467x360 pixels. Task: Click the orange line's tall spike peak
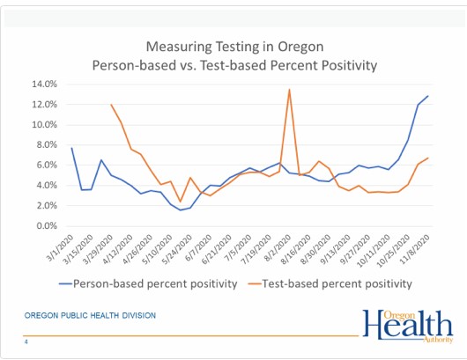click(x=289, y=90)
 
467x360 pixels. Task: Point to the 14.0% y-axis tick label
click(x=44, y=84)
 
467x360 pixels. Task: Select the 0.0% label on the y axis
click(x=47, y=226)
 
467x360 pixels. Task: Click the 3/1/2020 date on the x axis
click(x=61, y=248)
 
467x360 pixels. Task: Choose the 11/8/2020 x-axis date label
click(x=416, y=249)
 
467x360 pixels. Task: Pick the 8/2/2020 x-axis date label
click(x=278, y=248)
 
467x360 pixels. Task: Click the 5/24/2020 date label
click(x=177, y=249)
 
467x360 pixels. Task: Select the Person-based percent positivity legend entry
click(x=148, y=283)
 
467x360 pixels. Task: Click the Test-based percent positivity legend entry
click(x=330, y=283)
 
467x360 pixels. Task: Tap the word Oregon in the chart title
click(x=300, y=47)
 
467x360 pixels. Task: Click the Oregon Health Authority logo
click(x=408, y=326)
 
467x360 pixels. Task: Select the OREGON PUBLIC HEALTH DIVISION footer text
click(x=90, y=315)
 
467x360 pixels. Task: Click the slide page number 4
click(x=26, y=342)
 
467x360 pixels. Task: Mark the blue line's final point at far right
click(x=428, y=96)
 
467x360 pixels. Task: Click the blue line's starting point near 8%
click(x=71, y=148)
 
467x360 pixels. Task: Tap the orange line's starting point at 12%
click(x=111, y=105)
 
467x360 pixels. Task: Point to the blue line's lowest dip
click(x=180, y=210)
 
